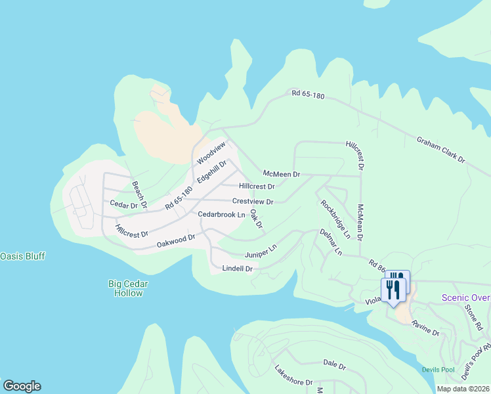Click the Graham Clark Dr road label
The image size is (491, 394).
coord(440,150)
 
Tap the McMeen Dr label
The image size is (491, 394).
coord(281,174)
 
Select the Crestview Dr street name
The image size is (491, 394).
coord(253,202)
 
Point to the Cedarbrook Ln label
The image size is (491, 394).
coord(222,215)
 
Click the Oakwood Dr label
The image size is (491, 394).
coord(176,241)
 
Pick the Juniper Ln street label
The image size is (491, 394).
coord(261,252)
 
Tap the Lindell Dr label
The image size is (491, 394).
coord(238,269)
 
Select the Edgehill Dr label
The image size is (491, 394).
coord(211,172)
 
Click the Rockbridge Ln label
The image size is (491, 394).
coord(335,214)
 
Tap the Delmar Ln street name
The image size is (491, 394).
coord(331,242)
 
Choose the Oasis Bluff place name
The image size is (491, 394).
coord(22,255)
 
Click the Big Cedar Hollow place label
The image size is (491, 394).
coord(128,288)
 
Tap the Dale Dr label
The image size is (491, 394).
coord(334,362)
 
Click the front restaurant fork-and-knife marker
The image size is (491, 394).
coord(393,290)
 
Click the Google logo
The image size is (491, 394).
coord(22,386)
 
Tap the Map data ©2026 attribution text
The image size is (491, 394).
coord(462,389)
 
